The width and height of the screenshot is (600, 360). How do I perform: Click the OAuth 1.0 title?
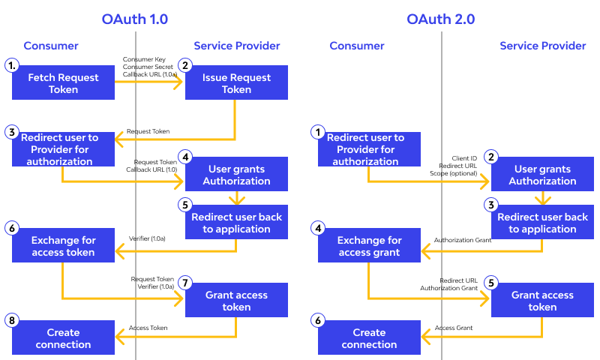135,19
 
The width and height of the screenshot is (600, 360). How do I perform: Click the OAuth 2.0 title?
440,19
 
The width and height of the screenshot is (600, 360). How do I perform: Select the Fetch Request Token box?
63,82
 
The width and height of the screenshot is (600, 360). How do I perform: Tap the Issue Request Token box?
236,82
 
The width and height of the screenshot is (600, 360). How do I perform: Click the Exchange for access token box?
63,245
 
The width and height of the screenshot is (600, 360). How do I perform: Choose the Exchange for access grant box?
369,245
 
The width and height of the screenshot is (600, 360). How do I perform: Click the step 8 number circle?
12,320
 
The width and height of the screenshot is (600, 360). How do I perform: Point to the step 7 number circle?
185,283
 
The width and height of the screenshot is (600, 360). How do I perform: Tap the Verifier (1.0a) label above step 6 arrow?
147,238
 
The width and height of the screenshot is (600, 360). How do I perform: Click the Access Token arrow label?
148,328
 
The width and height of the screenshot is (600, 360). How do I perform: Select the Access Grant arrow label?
454,328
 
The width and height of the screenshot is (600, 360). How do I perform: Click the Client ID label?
464,158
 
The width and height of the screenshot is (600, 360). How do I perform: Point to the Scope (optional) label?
454,173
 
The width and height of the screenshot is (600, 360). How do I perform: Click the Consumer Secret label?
148,67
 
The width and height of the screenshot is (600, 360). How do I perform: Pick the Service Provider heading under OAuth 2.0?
542,46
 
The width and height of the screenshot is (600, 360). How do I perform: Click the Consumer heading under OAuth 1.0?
51,46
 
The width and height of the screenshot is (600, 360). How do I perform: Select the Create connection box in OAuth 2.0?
369,337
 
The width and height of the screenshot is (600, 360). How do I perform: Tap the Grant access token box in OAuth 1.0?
236,300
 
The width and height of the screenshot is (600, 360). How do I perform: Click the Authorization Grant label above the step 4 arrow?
463,240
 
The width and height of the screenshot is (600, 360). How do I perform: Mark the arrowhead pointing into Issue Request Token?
178,82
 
